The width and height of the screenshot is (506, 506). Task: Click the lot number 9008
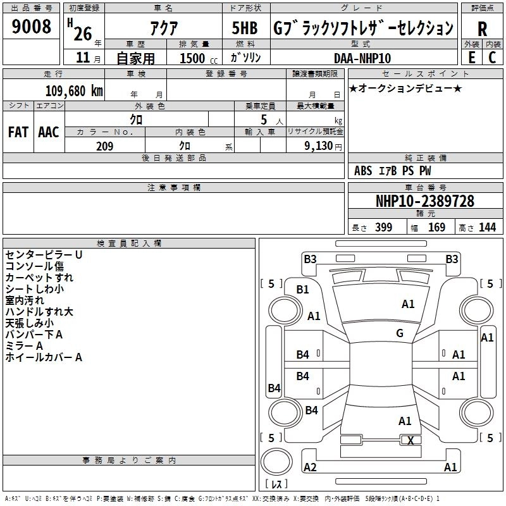(x=31, y=27)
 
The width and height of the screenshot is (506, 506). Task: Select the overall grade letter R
(x=482, y=29)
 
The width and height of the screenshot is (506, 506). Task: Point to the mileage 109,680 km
(x=74, y=90)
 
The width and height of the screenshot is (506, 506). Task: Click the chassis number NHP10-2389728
(x=424, y=201)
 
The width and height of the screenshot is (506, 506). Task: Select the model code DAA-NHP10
(x=362, y=58)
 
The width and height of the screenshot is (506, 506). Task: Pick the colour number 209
(x=104, y=146)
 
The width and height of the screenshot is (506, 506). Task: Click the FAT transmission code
(x=18, y=132)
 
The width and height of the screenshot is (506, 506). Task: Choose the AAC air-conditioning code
(x=49, y=132)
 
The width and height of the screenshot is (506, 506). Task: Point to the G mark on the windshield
(x=400, y=333)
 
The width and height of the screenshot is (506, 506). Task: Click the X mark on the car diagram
(x=410, y=441)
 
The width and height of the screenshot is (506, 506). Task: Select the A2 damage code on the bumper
(x=310, y=467)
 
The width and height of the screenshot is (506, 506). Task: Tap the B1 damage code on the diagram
(x=303, y=290)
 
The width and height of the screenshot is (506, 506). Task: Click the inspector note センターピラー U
(x=44, y=255)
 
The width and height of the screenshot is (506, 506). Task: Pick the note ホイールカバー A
(x=44, y=357)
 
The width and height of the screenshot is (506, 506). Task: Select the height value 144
(x=487, y=228)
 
